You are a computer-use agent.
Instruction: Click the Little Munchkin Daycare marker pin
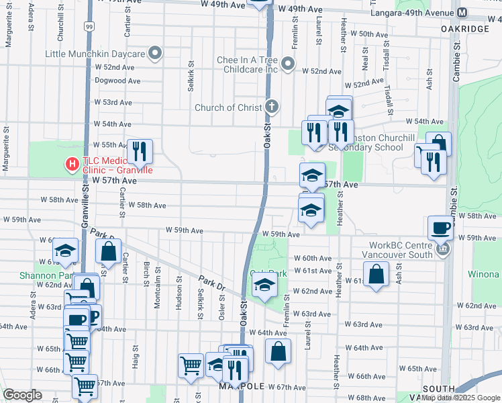click(156, 53)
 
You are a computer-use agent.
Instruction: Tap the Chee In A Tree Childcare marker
click(288, 64)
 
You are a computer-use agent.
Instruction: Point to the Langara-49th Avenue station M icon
click(462, 13)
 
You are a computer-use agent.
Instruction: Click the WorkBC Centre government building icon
click(442, 250)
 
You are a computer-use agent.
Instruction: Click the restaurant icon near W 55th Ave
click(140, 150)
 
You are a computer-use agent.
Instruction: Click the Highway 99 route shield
click(89, 26)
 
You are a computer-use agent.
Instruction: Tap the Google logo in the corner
click(22, 395)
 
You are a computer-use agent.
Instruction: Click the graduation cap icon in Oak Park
click(264, 285)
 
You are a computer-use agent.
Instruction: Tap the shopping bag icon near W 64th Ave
click(278, 351)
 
